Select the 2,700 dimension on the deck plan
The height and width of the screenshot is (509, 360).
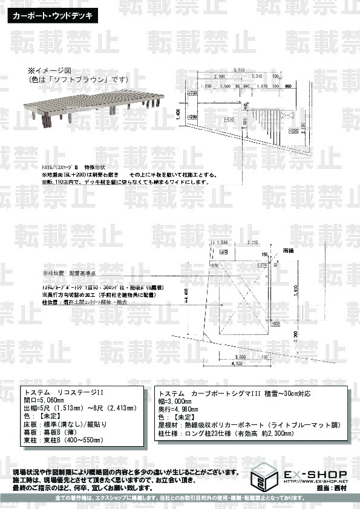coord(218,77)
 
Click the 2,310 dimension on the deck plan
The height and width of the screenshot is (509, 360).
coord(256,77)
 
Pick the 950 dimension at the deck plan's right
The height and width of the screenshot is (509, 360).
coord(288,86)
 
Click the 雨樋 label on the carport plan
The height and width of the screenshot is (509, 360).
coord(287,249)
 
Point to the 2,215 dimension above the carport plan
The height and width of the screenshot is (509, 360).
coord(253,243)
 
